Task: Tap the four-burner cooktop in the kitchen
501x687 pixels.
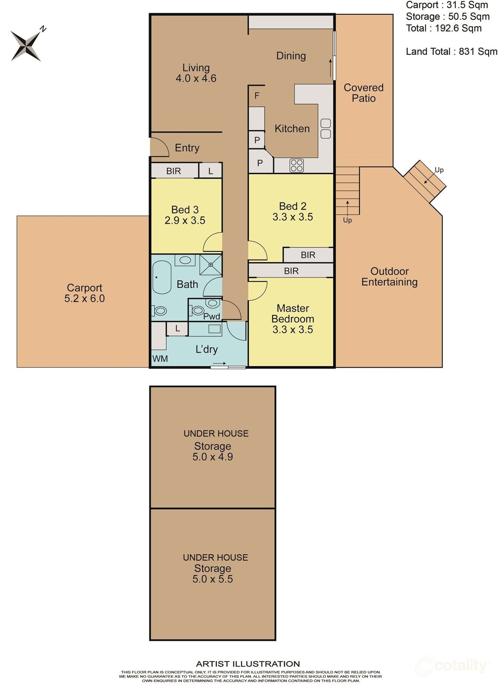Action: [296, 166]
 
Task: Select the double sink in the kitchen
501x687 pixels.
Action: [325, 129]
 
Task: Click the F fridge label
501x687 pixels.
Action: [257, 96]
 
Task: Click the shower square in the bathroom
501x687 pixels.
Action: [210, 265]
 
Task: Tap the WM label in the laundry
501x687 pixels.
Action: [160, 359]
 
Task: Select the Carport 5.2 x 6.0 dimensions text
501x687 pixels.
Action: [85, 298]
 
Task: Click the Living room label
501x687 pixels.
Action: [196, 67]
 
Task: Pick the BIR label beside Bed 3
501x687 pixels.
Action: [173, 171]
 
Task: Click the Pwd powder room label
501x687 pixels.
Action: [212, 316]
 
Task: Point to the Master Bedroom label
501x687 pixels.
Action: [293, 314]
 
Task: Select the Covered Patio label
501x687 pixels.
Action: [364, 93]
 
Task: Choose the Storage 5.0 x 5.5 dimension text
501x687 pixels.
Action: [213, 579]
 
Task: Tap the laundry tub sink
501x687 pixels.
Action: [214, 329]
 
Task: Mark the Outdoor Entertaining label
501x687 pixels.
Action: [389, 276]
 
